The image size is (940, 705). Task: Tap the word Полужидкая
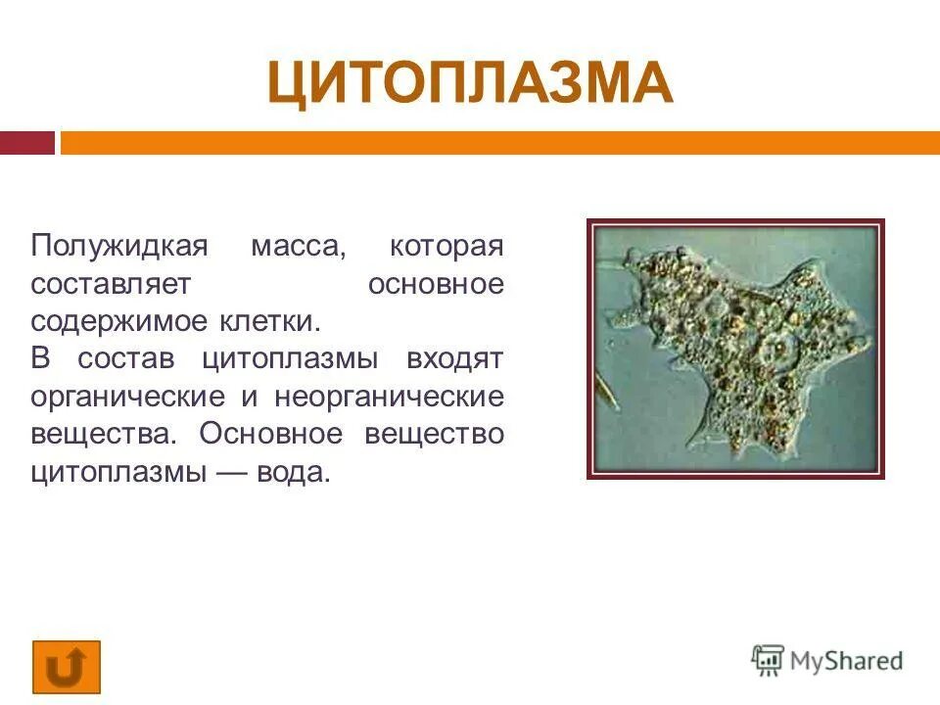tap(119, 246)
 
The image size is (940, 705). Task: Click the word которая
tap(446, 246)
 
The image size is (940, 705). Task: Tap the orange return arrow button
tap(66, 667)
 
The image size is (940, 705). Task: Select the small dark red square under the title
tap(26, 143)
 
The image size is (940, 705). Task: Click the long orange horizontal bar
tap(499, 143)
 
